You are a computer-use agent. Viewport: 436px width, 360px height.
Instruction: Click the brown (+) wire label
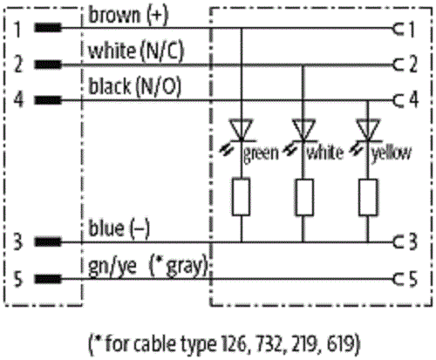tap(128, 15)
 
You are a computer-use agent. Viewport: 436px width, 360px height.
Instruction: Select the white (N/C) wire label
tap(136, 51)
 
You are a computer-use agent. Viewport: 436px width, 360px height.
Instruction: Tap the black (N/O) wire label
tap(134, 86)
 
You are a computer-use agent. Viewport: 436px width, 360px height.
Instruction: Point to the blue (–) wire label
tap(119, 228)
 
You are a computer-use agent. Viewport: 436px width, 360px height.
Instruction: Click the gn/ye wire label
tap(112, 266)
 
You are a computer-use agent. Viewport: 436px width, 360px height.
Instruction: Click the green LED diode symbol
tap(241, 130)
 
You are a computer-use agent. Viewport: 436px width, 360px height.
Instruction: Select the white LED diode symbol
tap(303, 130)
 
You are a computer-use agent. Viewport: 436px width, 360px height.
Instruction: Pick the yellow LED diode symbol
tap(368, 130)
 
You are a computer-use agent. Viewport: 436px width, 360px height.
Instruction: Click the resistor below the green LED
tap(241, 197)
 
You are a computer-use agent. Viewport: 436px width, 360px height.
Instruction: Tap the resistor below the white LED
tap(304, 197)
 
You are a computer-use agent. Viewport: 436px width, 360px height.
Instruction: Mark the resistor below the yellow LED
tap(368, 197)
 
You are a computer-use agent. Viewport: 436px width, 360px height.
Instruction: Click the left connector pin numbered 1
tap(48, 28)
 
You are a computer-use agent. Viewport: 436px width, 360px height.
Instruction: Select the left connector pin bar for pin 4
tap(48, 100)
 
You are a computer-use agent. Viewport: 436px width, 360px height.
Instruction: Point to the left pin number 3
tap(18, 241)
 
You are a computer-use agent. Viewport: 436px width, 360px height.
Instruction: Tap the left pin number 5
tap(18, 278)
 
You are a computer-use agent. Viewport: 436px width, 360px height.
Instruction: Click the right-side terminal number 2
tap(413, 65)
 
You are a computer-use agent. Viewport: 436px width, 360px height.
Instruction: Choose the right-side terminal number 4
tap(413, 100)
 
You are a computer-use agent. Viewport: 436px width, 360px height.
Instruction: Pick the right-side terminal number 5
tap(413, 278)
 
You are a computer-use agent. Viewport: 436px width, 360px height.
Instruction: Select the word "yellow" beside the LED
tap(392, 153)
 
